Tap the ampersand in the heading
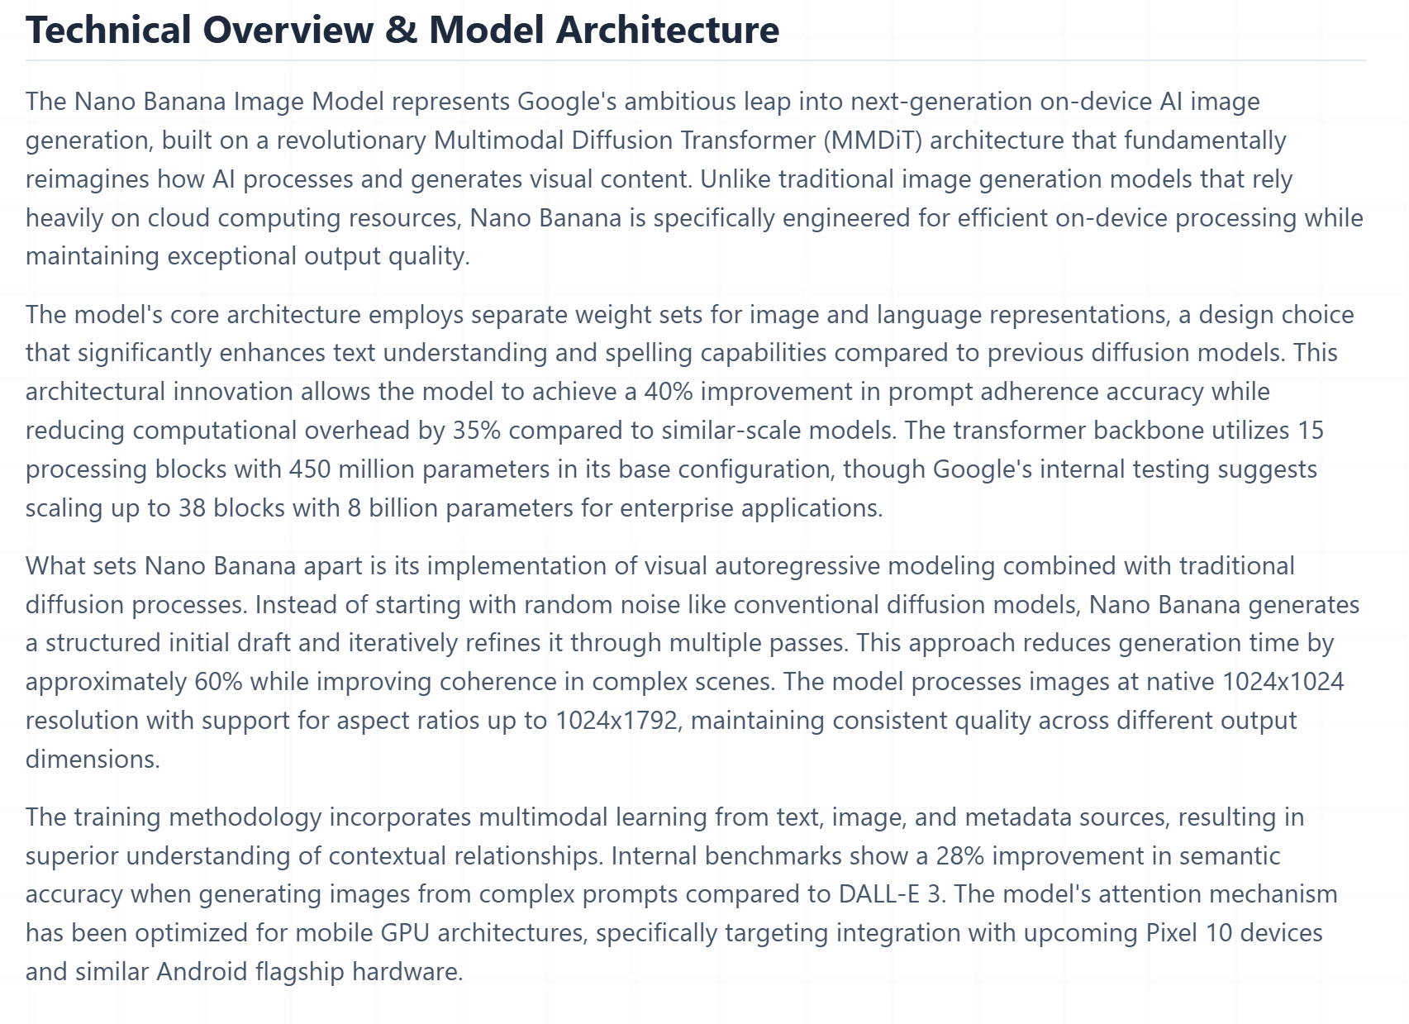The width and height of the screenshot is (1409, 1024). pos(401,30)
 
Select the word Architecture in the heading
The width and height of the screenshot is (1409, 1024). pos(668,30)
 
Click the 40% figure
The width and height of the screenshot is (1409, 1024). pos(668,392)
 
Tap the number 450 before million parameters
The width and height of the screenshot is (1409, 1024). pos(309,469)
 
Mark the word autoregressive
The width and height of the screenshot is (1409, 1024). pos(797,566)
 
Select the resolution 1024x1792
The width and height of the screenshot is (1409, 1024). pos(616,721)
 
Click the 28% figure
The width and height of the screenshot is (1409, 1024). pos(959,856)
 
